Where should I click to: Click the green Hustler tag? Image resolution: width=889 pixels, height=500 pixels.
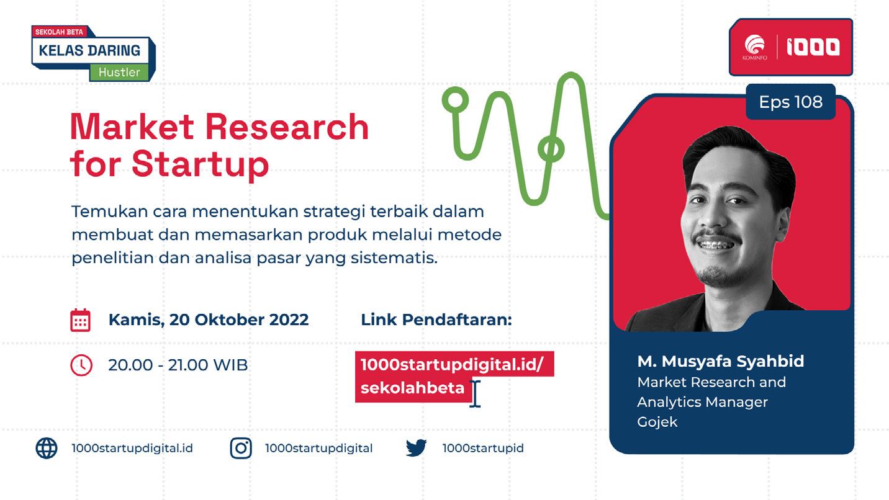coord(119,72)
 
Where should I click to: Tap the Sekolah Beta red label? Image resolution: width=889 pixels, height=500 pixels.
coord(59,32)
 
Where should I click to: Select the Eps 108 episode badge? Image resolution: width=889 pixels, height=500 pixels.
coord(790,102)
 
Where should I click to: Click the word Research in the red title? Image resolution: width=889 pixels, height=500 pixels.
coord(287,127)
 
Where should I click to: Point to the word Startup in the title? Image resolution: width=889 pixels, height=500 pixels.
coord(201,164)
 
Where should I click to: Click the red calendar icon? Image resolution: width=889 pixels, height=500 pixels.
coord(81,320)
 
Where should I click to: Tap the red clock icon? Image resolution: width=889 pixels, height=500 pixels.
coord(81,365)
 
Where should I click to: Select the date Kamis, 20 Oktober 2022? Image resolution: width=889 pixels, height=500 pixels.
coord(209,319)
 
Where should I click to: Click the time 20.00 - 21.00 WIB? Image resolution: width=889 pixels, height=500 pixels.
coord(178,365)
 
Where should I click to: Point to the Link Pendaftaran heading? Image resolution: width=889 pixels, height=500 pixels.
coord(436,319)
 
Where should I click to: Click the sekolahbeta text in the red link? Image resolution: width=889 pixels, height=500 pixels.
coord(412,387)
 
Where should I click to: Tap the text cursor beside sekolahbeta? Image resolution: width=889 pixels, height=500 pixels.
coord(475,394)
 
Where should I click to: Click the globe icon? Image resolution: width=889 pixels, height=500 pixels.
coord(47,448)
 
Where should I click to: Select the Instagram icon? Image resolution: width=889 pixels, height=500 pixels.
coord(241,448)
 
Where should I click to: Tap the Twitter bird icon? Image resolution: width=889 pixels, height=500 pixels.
coord(417,448)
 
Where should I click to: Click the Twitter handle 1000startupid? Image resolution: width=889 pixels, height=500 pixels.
coord(483,448)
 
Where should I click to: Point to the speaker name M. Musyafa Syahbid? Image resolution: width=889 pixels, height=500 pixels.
coord(721,361)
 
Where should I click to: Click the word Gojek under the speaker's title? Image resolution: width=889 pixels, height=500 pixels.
coord(657,422)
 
